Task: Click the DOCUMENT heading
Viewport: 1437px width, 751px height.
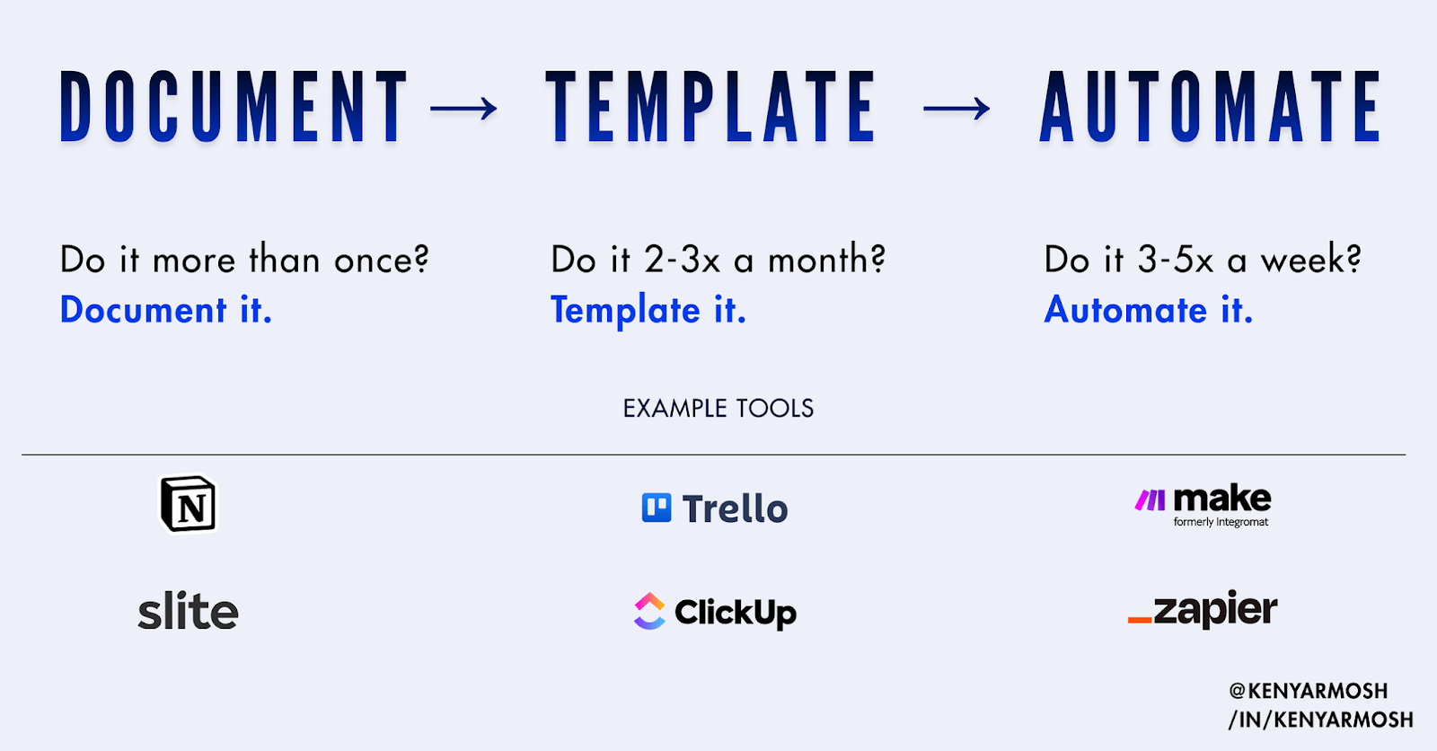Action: coord(234,108)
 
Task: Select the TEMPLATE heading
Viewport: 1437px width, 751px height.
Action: coord(710,108)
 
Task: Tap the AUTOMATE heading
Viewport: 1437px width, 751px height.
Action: coord(1210,108)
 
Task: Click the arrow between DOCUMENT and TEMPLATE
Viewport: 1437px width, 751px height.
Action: coord(463,110)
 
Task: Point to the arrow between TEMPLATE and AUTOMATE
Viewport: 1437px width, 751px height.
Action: coord(957,110)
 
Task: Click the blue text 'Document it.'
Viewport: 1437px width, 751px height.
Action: coord(165,310)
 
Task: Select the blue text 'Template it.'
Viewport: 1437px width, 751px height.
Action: coord(648,310)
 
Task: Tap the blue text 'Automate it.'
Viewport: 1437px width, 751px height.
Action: coord(1148,310)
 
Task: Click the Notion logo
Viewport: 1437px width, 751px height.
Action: coord(188,504)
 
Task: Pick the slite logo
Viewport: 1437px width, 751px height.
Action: coord(188,612)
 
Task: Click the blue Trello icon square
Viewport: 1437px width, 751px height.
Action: coord(657,508)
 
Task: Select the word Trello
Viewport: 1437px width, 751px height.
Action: coord(735,509)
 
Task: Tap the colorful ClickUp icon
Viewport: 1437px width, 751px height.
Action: coord(649,612)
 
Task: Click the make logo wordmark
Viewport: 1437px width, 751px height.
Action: coord(1221,499)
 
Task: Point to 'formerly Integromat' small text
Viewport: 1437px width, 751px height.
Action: coord(1221,522)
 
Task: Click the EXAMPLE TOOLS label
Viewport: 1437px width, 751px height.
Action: coord(718,409)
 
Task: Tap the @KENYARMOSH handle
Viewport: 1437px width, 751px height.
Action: coord(1309,691)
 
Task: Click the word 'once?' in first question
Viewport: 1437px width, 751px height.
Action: coord(382,261)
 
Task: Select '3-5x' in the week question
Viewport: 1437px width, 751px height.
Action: coord(1176,261)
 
